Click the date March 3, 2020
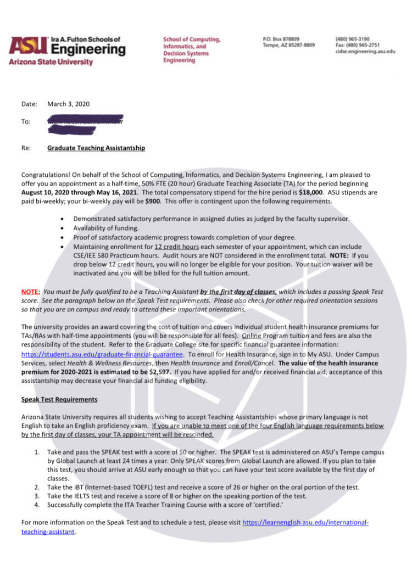[68, 104]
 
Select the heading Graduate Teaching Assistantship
[96, 148]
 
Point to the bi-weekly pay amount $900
[153, 201]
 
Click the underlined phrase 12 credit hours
[176, 247]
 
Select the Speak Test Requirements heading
[59, 399]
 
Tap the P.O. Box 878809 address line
[281, 40]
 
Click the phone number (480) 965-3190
[352, 40]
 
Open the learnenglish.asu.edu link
[305, 522]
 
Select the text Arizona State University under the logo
[51, 62]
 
